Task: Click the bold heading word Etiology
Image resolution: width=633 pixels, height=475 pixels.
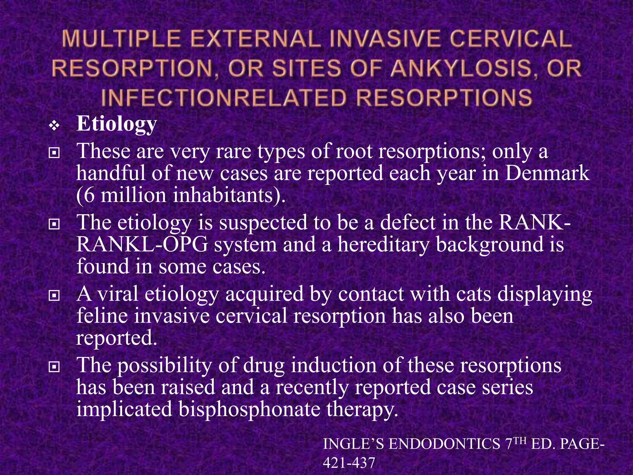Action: point(117,124)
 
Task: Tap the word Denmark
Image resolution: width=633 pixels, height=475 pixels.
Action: point(547,173)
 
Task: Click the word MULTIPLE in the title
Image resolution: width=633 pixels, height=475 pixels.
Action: point(121,40)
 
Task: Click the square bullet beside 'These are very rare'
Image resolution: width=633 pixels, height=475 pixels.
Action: point(54,152)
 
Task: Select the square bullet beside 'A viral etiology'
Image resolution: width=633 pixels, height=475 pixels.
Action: point(54,296)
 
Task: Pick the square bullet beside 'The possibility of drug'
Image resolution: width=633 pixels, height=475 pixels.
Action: point(54,367)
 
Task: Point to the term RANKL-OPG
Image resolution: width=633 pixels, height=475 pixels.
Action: point(142,244)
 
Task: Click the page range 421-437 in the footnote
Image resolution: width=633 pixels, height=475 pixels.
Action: point(349,463)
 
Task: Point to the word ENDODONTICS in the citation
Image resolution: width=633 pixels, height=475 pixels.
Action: point(444,444)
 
